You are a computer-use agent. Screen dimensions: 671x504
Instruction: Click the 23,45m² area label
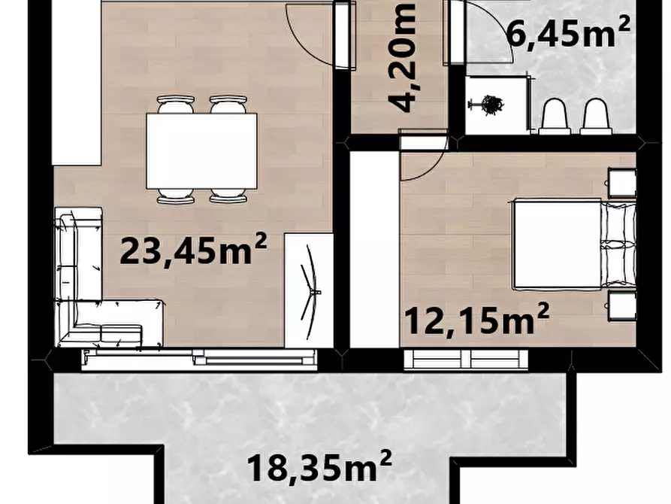coord(193,248)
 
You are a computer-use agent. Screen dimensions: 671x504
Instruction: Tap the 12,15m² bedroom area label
coord(476,319)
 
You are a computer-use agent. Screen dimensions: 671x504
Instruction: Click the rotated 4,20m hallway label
coord(402,57)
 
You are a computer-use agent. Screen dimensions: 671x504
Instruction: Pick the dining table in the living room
coord(201,151)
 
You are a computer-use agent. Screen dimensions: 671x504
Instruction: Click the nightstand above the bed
coord(622,183)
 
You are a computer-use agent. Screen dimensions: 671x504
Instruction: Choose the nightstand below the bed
coord(622,305)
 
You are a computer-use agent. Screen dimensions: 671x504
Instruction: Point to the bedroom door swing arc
coord(433,169)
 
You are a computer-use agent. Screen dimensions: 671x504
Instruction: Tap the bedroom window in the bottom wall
coord(466,359)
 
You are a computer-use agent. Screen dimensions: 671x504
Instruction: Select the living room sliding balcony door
coord(199,357)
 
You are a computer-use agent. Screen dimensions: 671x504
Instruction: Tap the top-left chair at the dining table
coord(176,104)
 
